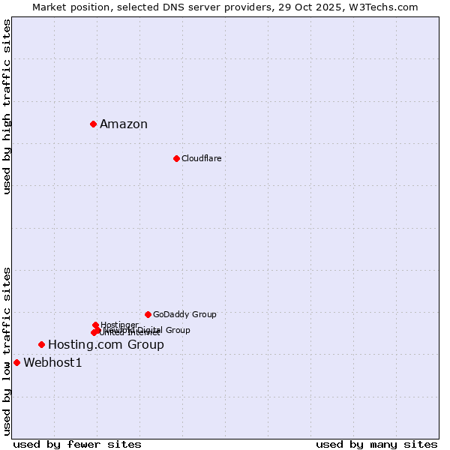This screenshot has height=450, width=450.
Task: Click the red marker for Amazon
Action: coord(93,124)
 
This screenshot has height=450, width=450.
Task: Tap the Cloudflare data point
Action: coord(176,158)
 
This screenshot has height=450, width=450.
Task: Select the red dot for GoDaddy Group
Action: coord(148,314)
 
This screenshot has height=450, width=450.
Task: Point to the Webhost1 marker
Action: coord(16,362)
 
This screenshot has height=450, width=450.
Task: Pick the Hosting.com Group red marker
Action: coord(41,344)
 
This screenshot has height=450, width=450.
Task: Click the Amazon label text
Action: coord(124,124)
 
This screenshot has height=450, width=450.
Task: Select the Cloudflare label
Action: coord(201,158)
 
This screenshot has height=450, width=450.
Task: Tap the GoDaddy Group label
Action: coord(184,314)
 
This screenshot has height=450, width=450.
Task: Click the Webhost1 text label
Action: coord(52,363)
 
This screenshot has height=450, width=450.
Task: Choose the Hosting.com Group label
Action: coord(106,345)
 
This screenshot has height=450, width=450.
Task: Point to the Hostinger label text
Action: coord(119,325)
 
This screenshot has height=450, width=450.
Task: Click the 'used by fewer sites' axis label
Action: coord(77,444)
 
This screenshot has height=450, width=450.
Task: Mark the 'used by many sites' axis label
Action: coord(376,444)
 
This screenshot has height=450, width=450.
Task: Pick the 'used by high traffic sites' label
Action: coord(7,106)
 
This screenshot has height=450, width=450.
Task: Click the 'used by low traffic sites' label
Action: coord(7,351)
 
